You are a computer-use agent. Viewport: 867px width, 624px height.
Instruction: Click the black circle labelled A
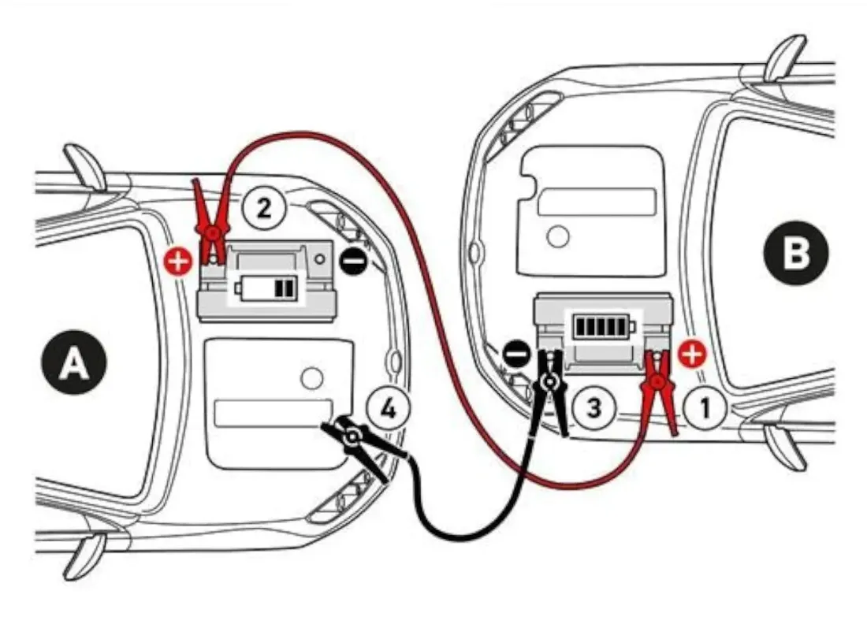pyautogui.click(x=75, y=364)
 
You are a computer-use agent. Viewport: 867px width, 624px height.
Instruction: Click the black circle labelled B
pyautogui.click(x=797, y=254)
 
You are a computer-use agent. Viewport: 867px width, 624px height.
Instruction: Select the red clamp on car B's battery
pyautogui.click(x=659, y=389)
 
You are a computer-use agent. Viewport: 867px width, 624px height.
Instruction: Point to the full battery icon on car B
pyautogui.click(x=601, y=325)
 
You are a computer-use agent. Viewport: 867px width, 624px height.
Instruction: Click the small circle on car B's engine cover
pyautogui.click(x=559, y=235)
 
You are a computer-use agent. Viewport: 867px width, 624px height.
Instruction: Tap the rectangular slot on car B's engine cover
pyautogui.click(x=597, y=202)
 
